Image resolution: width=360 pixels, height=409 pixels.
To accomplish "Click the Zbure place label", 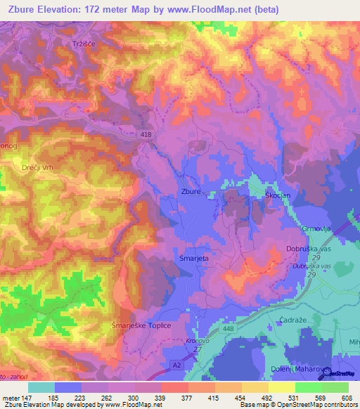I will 191,191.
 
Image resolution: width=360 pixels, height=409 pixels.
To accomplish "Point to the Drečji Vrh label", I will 38,167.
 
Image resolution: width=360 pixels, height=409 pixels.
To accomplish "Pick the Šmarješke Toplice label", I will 141,326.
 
